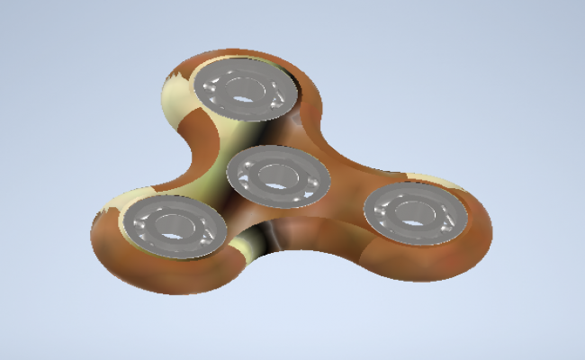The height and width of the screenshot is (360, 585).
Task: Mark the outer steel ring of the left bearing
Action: pos(135,216)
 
